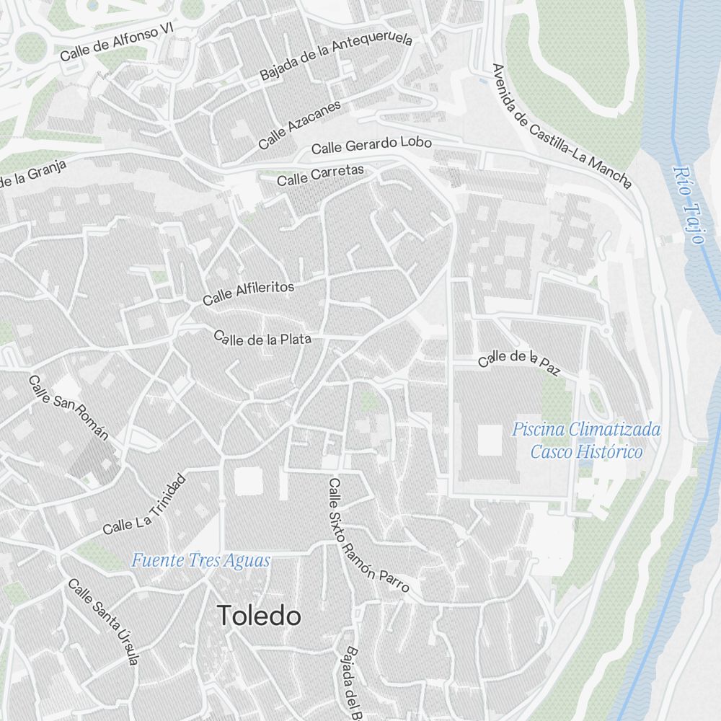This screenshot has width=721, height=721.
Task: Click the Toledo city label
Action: tap(259, 616)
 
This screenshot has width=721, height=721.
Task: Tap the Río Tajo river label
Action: tap(689, 205)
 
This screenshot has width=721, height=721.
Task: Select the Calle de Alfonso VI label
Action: tap(118, 42)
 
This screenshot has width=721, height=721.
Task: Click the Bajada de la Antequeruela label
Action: tap(336, 56)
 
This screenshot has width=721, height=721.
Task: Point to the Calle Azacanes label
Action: tap(299, 125)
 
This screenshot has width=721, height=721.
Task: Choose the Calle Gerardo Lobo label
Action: tap(371, 145)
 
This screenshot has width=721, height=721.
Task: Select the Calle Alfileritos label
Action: tap(249, 293)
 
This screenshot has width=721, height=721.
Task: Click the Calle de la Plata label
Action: tap(263, 338)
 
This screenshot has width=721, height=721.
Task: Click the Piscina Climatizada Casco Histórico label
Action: tap(586, 441)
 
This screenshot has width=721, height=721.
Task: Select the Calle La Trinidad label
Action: tap(144, 505)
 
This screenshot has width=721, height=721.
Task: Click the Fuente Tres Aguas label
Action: tap(201, 560)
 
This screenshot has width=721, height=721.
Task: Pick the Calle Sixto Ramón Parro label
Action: tap(368, 536)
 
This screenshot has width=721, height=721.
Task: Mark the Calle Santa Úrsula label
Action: tap(102, 621)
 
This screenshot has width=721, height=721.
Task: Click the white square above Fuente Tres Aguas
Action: tap(249, 481)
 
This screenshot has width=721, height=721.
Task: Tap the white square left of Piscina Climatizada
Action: tap(490, 439)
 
